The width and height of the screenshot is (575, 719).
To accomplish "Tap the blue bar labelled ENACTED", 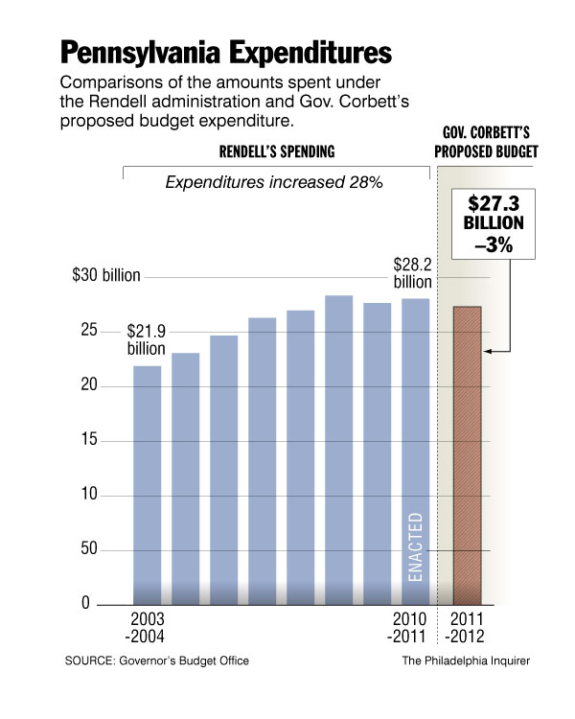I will (x=415, y=451).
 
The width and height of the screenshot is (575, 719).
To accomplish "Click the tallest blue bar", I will (x=338, y=451).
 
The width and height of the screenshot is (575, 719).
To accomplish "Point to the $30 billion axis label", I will (x=106, y=276).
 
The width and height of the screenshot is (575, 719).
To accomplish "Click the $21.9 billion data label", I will (x=147, y=339).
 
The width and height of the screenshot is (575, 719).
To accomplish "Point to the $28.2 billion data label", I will (x=413, y=272).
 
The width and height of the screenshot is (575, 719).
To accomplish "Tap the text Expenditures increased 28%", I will (x=275, y=183).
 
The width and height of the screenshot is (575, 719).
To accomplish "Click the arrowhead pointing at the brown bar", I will (x=487, y=352).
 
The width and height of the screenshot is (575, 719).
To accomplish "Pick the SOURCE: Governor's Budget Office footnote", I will (x=163, y=661).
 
